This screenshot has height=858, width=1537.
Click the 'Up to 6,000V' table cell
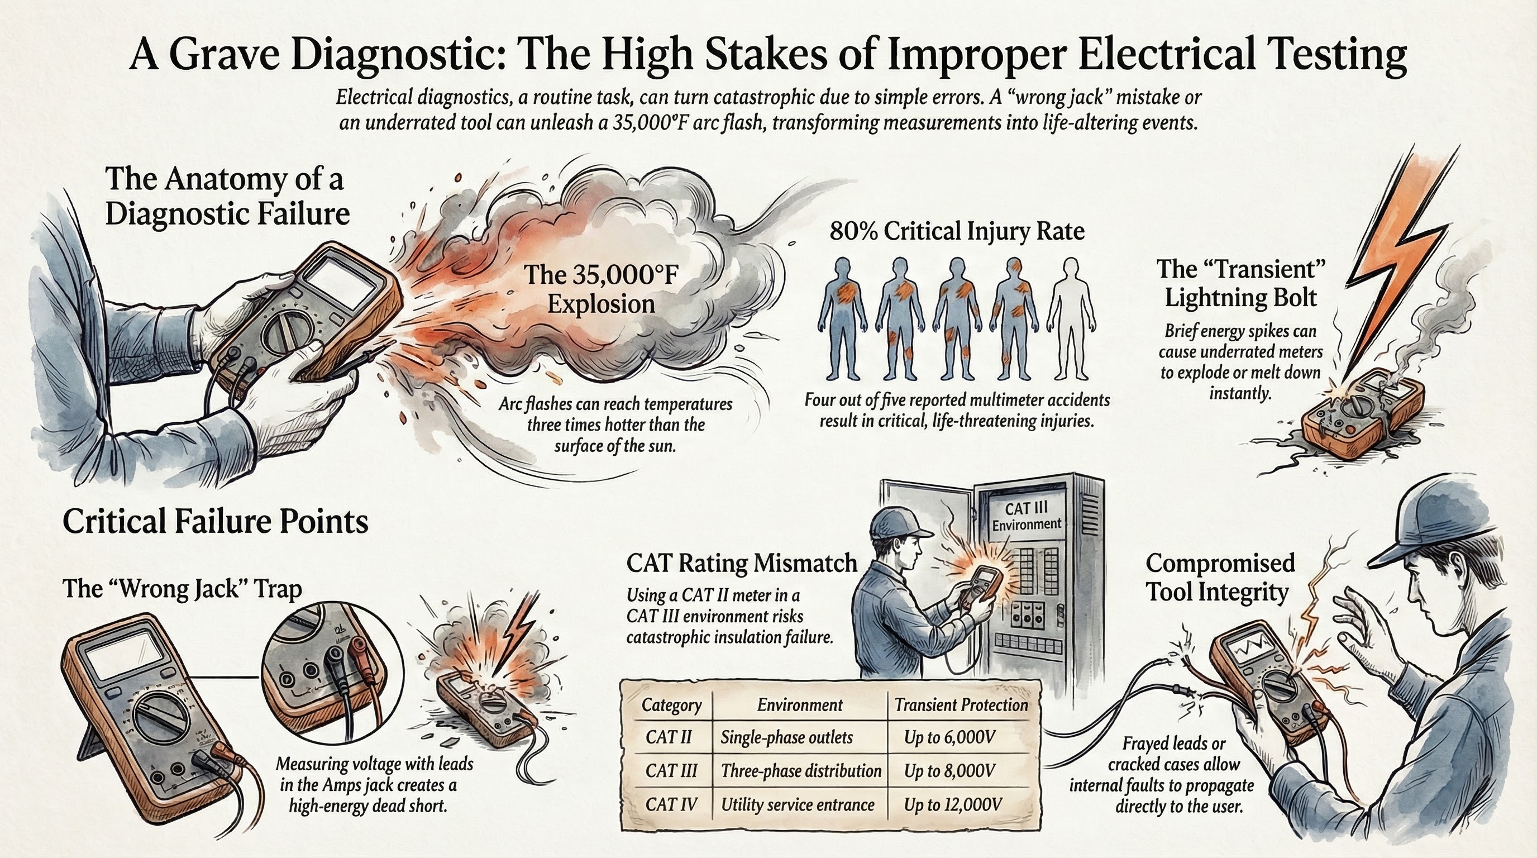pos(950,737)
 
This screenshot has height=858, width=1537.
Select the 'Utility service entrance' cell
pos(798,805)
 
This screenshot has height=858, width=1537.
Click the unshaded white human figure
pos(1072,319)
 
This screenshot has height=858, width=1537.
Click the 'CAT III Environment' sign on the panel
pos(1027,516)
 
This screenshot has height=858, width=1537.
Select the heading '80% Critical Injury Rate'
pos(957,231)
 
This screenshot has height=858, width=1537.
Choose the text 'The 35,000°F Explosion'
pos(602,289)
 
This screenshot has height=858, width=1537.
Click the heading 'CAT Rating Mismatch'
pos(742,563)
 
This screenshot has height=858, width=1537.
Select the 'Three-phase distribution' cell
pos(801,771)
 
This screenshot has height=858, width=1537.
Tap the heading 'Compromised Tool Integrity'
pos(1220,578)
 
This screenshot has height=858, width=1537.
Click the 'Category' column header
pos(671,706)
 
